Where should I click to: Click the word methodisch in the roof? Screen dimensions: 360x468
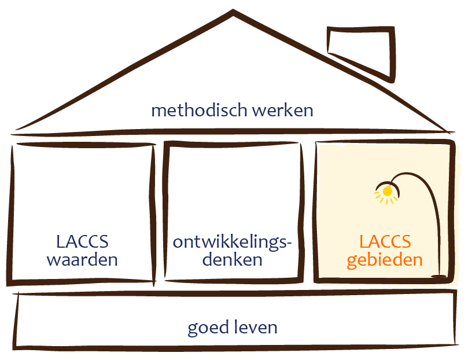pos(191,110)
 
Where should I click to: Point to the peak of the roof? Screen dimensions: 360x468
pos(233,12)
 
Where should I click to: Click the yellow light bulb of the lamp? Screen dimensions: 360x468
pos(387,190)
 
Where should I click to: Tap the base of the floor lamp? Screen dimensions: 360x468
pos(441,275)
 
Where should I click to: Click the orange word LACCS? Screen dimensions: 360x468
pos(384,240)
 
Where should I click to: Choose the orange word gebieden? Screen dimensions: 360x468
pos(384,260)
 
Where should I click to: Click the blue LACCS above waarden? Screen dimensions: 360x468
pos(82,240)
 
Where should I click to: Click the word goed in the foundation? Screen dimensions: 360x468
pos(205,328)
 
